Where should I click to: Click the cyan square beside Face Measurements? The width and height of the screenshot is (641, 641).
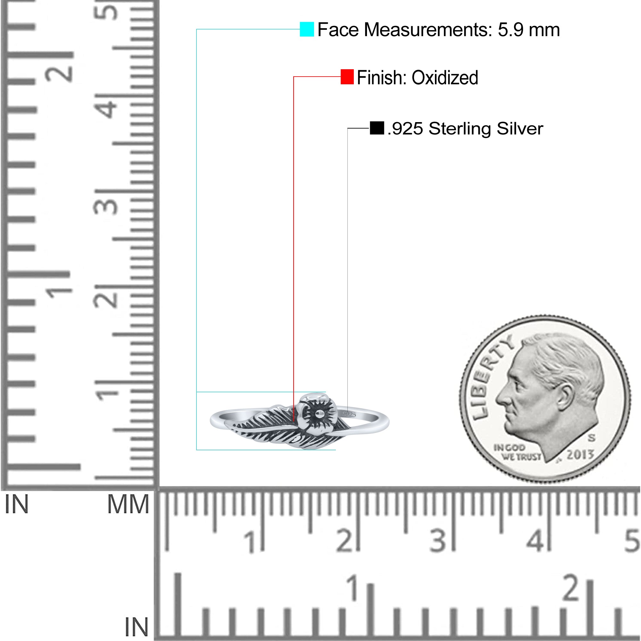[x=307, y=29]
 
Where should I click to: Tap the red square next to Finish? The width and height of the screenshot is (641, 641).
[x=347, y=77]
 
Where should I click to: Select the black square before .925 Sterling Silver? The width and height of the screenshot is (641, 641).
[x=377, y=128]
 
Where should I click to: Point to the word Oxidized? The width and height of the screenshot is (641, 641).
[x=445, y=78]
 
